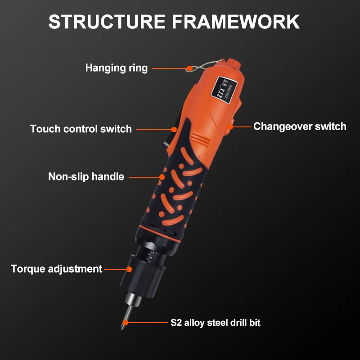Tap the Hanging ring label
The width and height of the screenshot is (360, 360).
pos(117,68)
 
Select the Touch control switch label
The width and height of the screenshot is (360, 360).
pos(81,129)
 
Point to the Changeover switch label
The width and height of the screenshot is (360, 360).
pos(300,126)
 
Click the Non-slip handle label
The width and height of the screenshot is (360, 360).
pos(86,176)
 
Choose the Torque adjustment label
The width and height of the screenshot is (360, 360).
pos(57,269)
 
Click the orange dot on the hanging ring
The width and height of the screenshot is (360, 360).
pos(189,68)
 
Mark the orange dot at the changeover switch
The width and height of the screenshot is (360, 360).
pos(230,127)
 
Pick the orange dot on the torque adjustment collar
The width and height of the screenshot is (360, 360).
pos(129,269)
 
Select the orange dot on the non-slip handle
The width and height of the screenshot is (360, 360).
pos(162,177)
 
